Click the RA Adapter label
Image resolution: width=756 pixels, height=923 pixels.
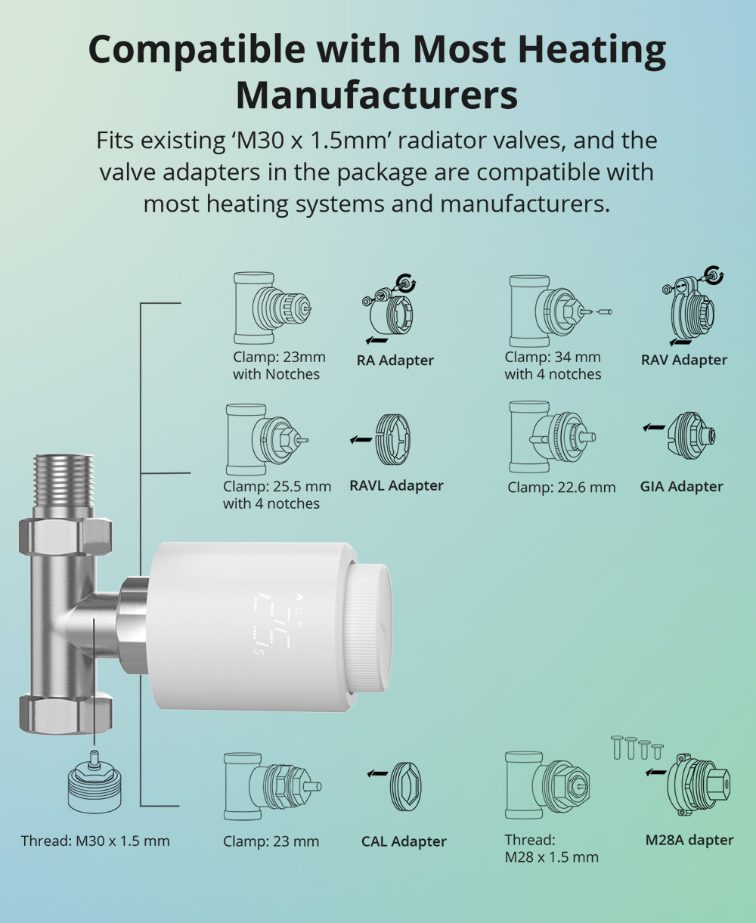pos(395,360)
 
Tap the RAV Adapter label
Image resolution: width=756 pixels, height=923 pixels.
pos(683,360)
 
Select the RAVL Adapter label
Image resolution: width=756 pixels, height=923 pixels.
pos(396,485)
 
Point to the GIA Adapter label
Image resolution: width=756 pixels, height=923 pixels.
pos(682,486)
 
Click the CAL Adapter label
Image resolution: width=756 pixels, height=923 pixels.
pos(404,841)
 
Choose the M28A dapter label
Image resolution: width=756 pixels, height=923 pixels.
pos(689,840)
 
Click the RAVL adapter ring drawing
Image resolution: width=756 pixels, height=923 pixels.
pos(393,439)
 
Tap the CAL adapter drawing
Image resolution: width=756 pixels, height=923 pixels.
pos(405,786)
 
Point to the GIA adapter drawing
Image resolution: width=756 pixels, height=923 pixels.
pos(692,435)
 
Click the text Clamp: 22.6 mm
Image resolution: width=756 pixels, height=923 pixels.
pos(561,487)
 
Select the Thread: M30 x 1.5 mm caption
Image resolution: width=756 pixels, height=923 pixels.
pos(95,841)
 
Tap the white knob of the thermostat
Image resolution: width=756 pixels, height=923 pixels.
pos(367,631)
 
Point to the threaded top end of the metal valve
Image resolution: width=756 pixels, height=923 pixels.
pos(64,481)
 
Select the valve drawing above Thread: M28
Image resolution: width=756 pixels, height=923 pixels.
pos(547,785)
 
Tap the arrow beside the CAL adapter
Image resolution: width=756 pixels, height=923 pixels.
pos(377,774)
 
